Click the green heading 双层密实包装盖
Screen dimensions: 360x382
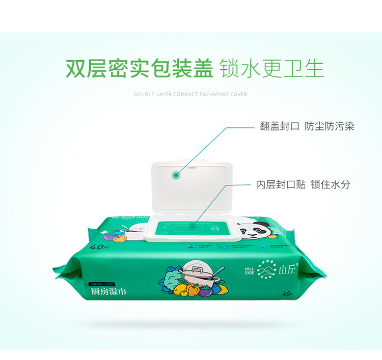[x=139, y=69]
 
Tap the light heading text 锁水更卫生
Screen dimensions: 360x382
[x=271, y=69]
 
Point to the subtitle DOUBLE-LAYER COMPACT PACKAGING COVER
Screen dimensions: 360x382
[x=190, y=94]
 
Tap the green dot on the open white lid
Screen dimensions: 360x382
[x=176, y=175]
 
